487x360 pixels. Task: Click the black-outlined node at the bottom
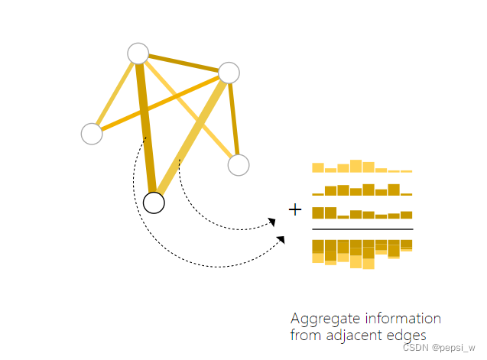point(154,203)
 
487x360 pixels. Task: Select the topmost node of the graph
point(138,54)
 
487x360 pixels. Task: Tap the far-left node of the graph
point(92,134)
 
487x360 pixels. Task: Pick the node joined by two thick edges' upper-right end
point(229,73)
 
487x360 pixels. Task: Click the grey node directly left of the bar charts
point(239,164)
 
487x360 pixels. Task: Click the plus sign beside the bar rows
point(295,209)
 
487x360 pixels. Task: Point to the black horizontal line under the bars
point(362,229)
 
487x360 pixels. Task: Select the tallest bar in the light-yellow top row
point(356,166)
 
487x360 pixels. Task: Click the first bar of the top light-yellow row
point(317,167)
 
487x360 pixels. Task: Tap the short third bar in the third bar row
point(343,217)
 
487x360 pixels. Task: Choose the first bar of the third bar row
point(317,213)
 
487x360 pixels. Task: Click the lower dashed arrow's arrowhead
point(281,240)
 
